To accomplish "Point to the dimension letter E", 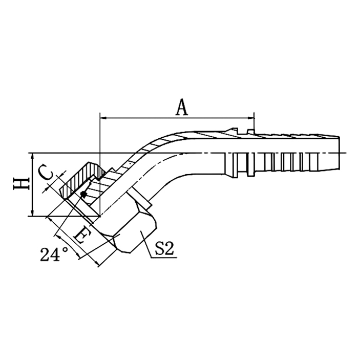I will coord(81,236).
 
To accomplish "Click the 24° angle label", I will coord(54,254).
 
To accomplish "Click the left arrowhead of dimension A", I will coord(103,118).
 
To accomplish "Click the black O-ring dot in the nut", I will coord(83,194).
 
